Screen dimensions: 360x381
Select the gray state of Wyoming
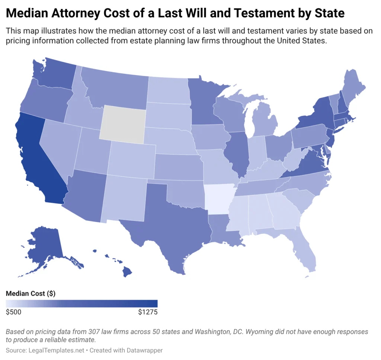123,123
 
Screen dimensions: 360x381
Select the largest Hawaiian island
128,273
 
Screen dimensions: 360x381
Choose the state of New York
316,112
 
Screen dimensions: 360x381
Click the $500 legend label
14,312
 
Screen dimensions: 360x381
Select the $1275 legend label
148,312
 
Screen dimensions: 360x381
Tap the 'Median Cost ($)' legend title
31,293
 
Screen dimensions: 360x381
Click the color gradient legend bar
82,303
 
